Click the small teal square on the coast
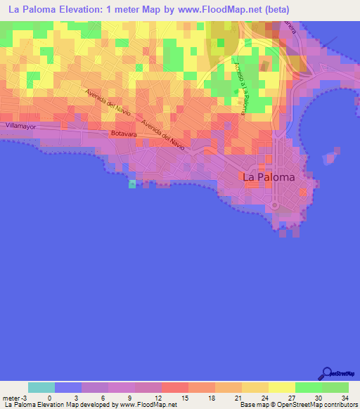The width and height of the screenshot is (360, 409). [x=132, y=184]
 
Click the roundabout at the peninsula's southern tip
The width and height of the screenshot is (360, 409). [x=276, y=206]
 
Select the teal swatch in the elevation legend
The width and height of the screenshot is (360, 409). [x=41, y=387]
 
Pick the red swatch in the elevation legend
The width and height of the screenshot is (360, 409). [x=175, y=387]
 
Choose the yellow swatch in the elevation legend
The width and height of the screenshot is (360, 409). [x=282, y=387]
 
